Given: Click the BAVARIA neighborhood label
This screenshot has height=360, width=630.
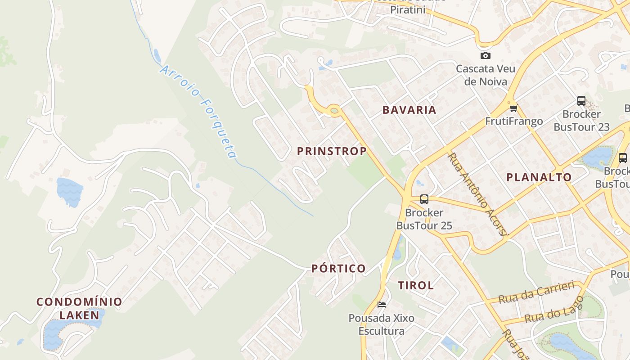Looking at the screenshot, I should [x=409, y=110].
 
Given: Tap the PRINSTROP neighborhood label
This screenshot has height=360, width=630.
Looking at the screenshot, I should [x=332, y=151].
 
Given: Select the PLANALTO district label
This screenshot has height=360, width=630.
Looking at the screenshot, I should [x=539, y=177].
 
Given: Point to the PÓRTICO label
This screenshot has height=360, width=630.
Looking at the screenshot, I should [x=338, y=269].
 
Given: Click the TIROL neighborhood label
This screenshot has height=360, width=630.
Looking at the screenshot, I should [x=416, y=285].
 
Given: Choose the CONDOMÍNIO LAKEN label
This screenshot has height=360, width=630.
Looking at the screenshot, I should [x=79, y=308].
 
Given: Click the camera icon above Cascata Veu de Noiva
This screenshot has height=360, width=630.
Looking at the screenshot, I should [x=485, y=56].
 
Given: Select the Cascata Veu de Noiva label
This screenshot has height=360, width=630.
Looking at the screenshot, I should [x=486, y=75].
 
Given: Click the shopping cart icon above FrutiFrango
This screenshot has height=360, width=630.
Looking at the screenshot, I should [x=513, y=108].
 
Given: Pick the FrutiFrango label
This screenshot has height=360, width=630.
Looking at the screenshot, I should [x=513, y=121].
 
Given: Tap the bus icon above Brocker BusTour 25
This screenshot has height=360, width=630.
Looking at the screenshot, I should [x=424, y=199].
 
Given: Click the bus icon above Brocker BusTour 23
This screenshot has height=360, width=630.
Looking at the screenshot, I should [x=581, y=101].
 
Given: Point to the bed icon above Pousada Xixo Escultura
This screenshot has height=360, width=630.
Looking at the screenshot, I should [x=382, y=305].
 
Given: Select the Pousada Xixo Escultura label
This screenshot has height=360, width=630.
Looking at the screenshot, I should [x=381, y=324].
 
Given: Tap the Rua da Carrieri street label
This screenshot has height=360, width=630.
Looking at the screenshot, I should [x=536, y=292].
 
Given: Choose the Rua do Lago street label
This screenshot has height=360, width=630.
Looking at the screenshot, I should [x=554, y=310].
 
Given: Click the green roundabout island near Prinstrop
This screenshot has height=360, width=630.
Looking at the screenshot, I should [x=333, y=110].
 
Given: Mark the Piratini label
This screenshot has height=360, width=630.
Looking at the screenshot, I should [x=407, y=9].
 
